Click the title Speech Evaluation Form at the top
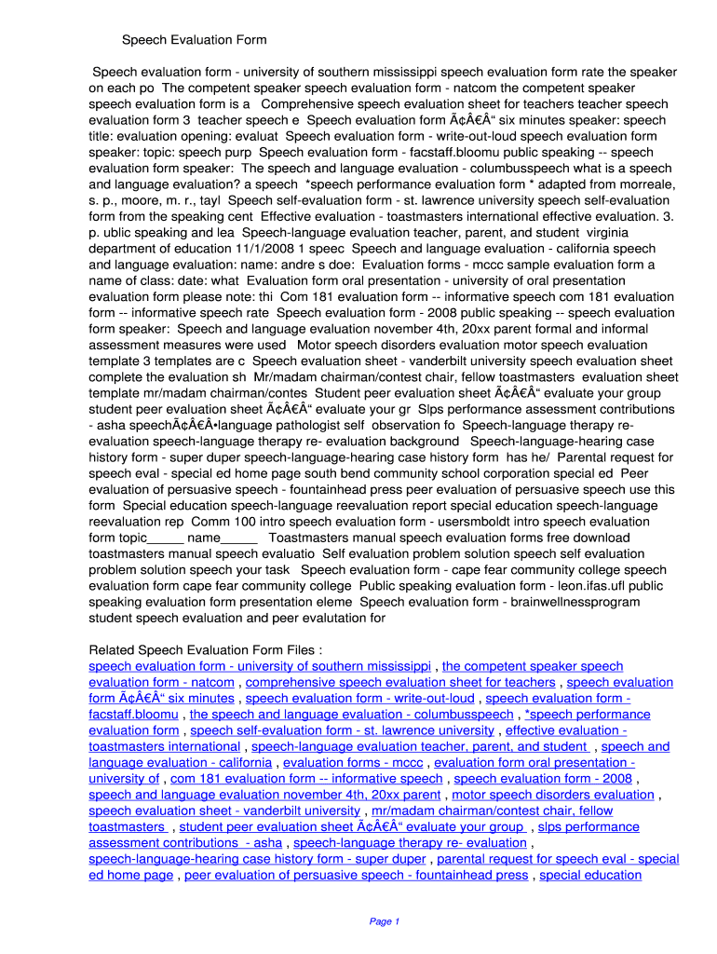(x=195, y=40)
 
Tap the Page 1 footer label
(x=384, y=921)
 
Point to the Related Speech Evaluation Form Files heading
(x=205, y=649)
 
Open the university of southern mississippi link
(x=260, y=666)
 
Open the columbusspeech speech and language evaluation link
(x=351, y=715)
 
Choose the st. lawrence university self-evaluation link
(x=342, y=730)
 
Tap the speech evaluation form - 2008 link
(x=543, y=779)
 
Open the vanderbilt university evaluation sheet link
(x=223, y=811)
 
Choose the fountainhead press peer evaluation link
(x=356, y=875)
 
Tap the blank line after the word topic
(x=165, y=538)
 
